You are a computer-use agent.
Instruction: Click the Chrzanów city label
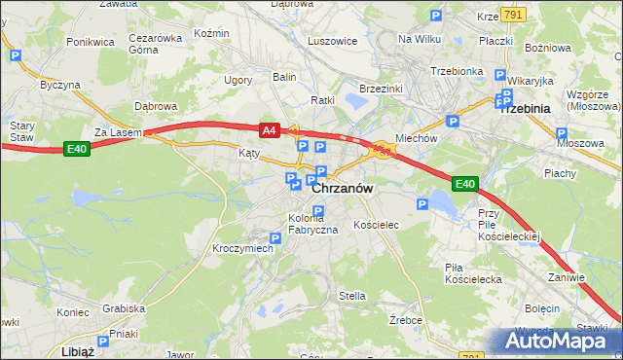pos(343,190)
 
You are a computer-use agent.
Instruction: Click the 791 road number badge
pos(515,15)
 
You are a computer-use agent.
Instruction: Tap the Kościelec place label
pos(376,225)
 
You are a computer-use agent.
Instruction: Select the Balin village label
pos(284,76)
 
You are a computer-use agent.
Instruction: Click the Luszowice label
pos(332,42)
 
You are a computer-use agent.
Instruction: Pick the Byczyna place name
pos(60,85)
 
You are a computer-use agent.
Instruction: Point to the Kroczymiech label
pos(242,248)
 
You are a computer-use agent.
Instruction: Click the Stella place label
pos(351,296)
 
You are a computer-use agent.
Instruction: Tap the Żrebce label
pos(404,318)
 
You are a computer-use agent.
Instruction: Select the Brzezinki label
pos(381,89)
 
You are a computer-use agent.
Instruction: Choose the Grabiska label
pos(124,308)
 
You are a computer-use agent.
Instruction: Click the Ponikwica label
pos(91,42)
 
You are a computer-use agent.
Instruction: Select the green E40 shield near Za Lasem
pos(77,148)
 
